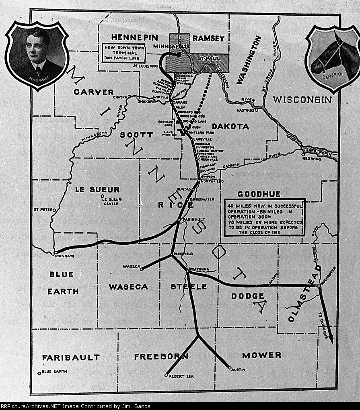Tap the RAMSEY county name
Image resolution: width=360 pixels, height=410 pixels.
pos(208,38)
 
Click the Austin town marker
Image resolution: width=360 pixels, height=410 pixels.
pos(230,368)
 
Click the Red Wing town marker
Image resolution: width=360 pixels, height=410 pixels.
pos(303,154)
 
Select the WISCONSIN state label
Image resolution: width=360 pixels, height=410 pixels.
pos(302,100)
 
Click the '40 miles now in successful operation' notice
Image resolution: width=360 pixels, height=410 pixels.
pos(264,217)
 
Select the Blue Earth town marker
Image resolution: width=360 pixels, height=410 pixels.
pos(39,373)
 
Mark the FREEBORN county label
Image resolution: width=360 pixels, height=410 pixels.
pos(161,357)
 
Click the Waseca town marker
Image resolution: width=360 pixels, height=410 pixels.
pos(141,269)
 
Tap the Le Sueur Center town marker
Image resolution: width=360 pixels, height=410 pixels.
pos(101,196)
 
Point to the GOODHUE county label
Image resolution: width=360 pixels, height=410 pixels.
pos(259,194)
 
